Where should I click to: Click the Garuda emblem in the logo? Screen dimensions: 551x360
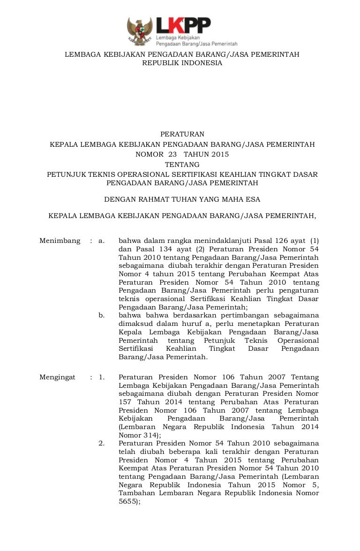(140, 31)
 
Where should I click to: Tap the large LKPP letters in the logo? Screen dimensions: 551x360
(183, 25)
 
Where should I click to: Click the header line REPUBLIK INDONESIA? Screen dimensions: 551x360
(182, 63)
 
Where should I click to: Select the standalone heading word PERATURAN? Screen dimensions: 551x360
(182, 134)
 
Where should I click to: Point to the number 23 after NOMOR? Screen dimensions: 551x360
(172, 154)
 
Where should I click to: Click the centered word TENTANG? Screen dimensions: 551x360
(182, 165)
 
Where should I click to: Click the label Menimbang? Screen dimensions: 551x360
(60, 241)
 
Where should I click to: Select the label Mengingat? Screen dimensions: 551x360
(57, 377)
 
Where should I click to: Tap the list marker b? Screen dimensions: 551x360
(101, 316)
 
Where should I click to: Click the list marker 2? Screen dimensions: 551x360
(101, 443)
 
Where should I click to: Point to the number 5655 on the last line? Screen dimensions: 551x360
(127, 501)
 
